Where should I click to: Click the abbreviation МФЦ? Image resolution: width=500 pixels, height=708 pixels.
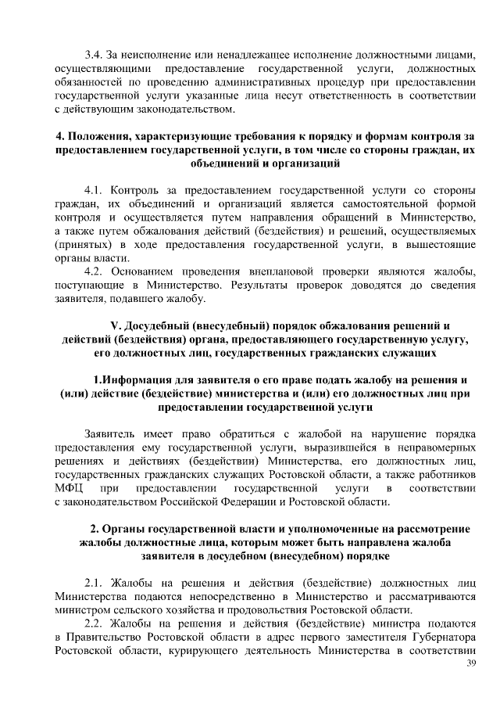[68, 488]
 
